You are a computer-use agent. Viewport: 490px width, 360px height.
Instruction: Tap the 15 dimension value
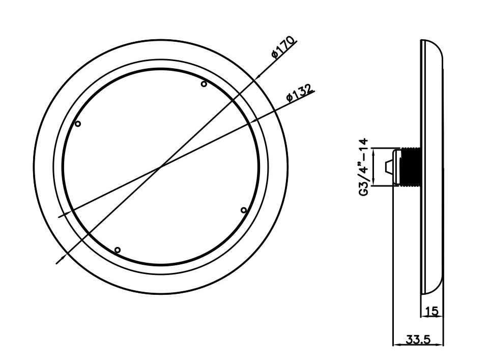pyautogui.click(x=431, y=310)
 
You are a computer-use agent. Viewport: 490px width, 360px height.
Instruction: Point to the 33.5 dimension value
pyautogui.click(x=417, y=338)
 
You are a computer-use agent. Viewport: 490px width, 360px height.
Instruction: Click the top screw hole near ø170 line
pyautogui.click(x=204, y=84)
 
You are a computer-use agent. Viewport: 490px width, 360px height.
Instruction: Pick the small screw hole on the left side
pyautogui.click(x=78, y=124)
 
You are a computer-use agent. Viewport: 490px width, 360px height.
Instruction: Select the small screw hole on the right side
pyautogui.click(x=243, y=210)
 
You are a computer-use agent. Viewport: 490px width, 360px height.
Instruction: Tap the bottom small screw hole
pyautogui.click(x=118, y=250)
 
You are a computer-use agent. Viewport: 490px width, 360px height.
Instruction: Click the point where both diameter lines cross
pyautogui.click(x=161, y=167)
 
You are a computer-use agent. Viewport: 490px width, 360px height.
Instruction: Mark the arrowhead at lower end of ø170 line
pyautogui.click(x=58, y=261)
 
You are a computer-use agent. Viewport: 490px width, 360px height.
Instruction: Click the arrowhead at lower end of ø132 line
pyautogui.click(x=62, y=216)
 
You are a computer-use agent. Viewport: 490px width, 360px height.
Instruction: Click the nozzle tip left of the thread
pyautogui.click(x=389, y=167)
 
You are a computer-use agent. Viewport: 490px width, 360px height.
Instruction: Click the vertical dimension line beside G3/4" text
pyautogui.click(x=374, y=167)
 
